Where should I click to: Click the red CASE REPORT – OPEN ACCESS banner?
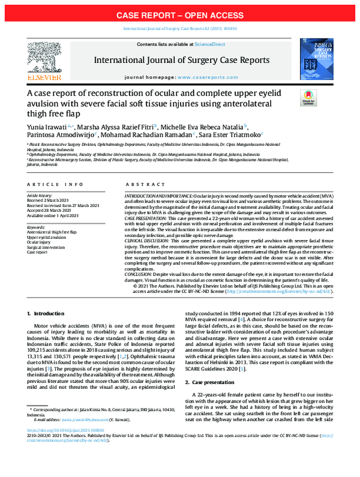point(180,14)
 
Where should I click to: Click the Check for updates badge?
point(308,97)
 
